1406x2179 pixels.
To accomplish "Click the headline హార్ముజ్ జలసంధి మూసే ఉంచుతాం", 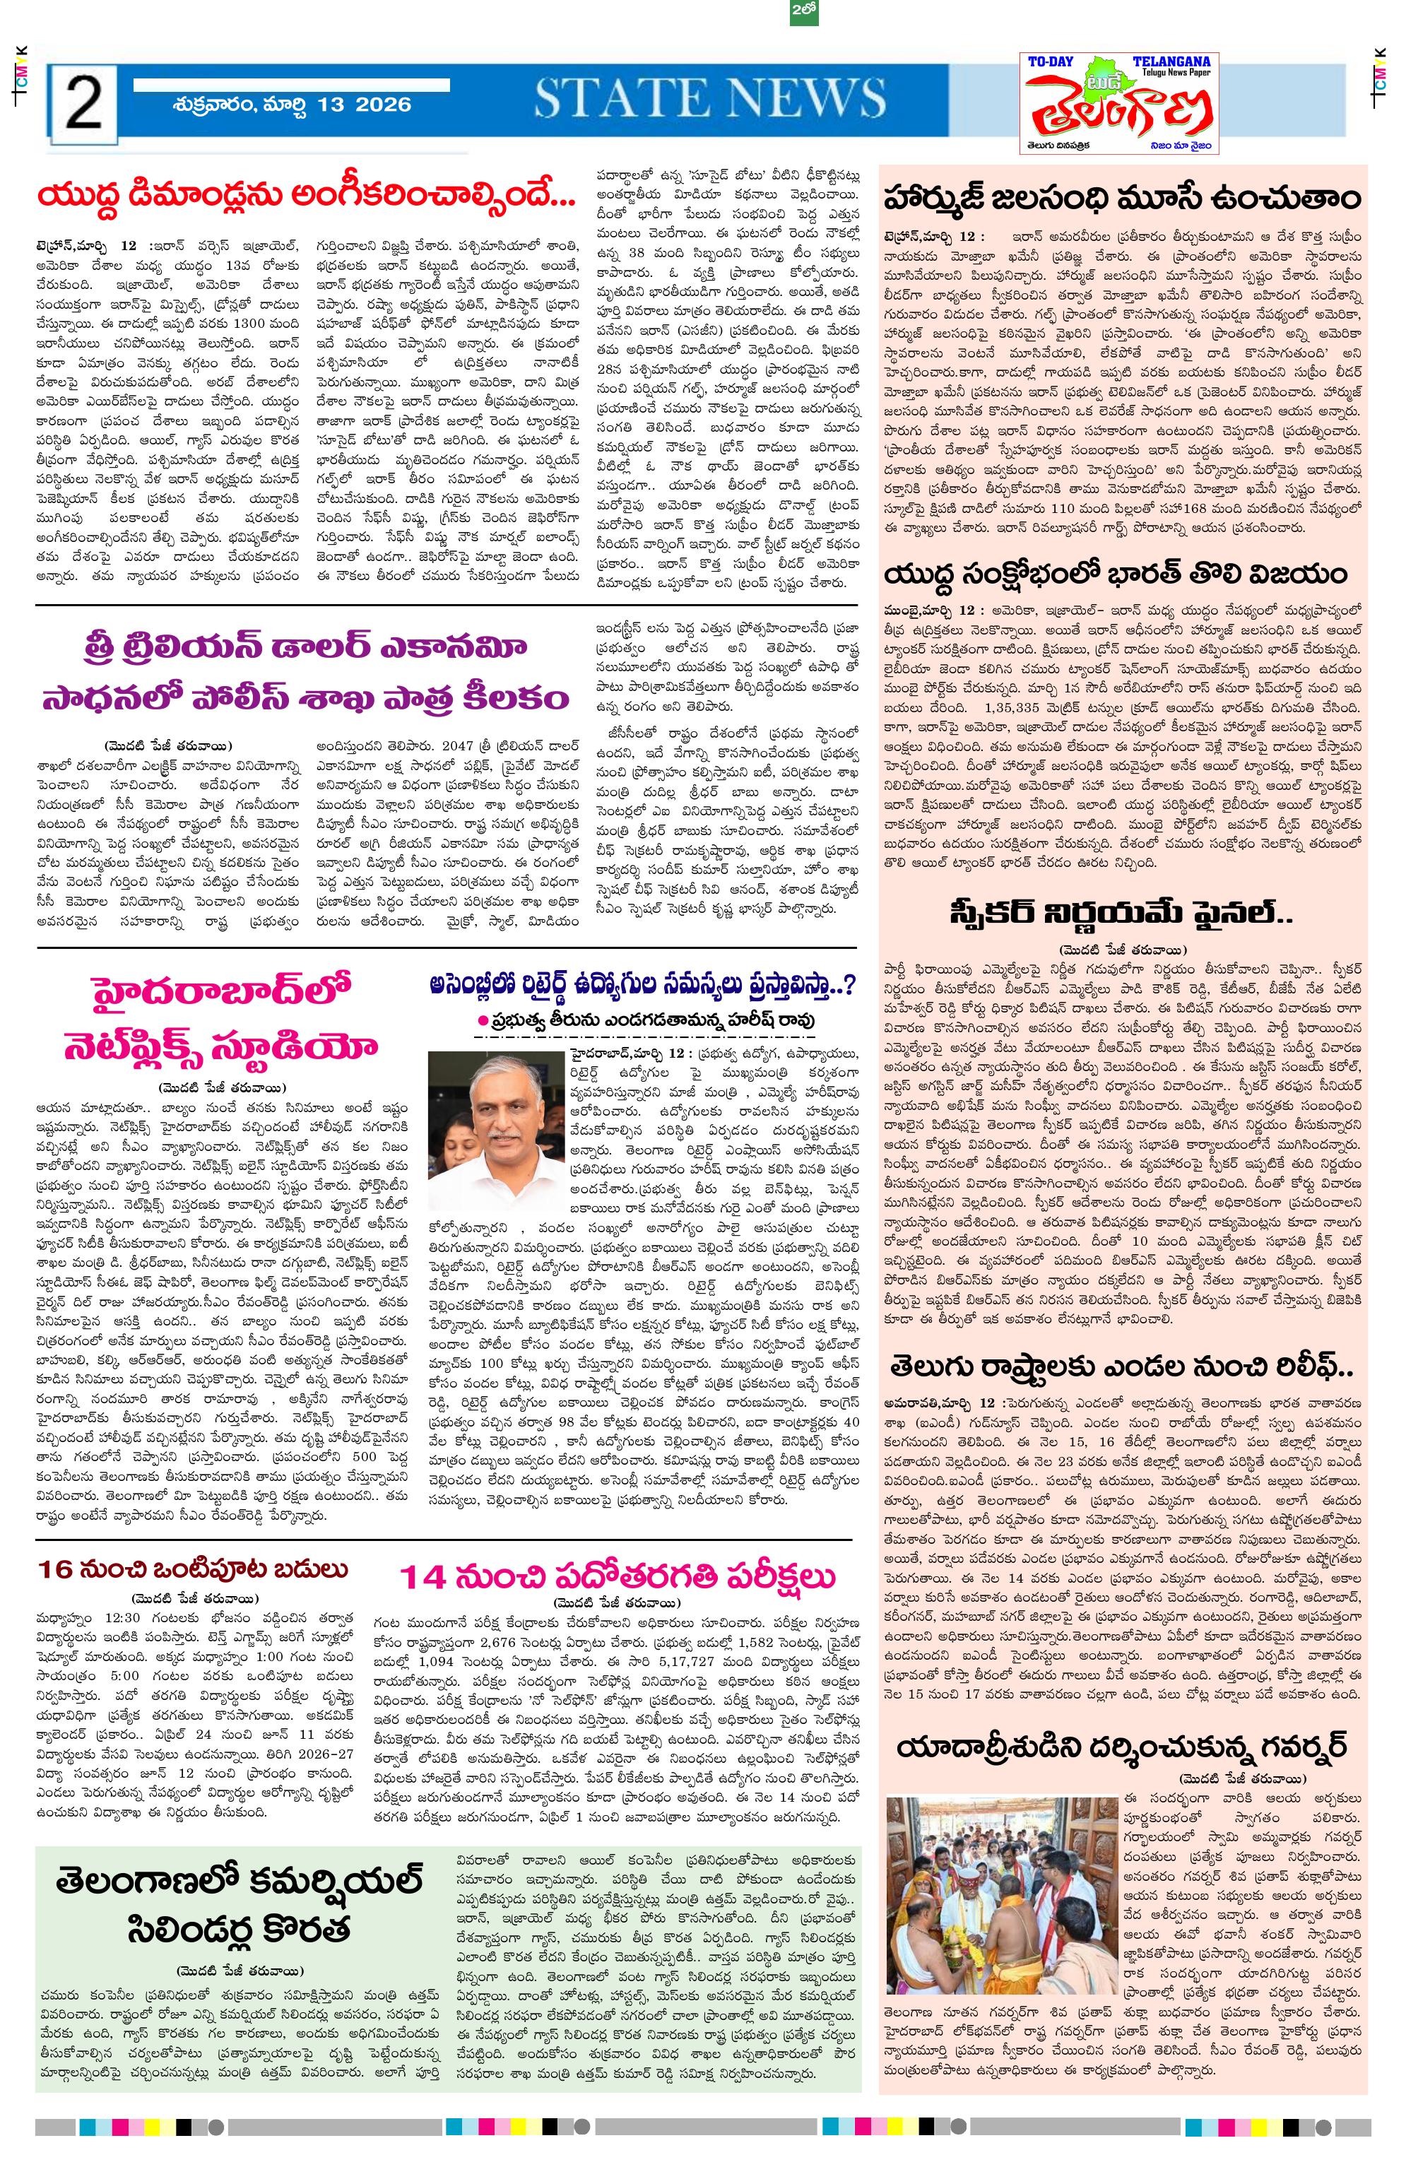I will point(1122,198).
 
